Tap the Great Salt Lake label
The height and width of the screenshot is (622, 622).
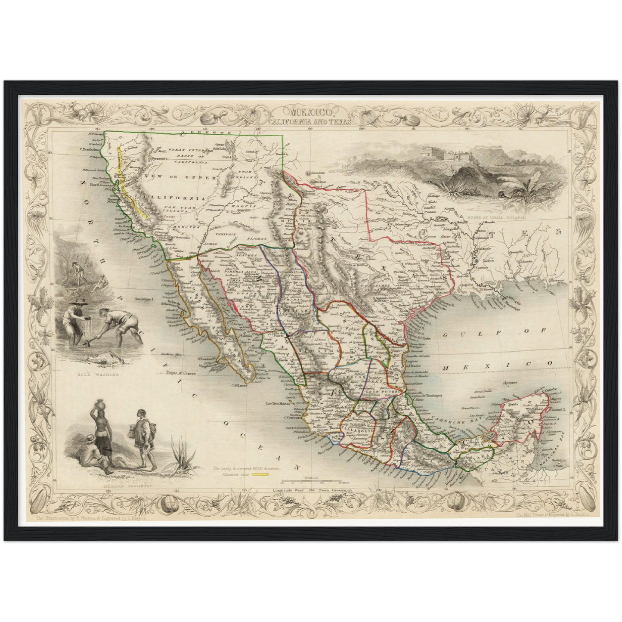[x=220, y=146]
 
